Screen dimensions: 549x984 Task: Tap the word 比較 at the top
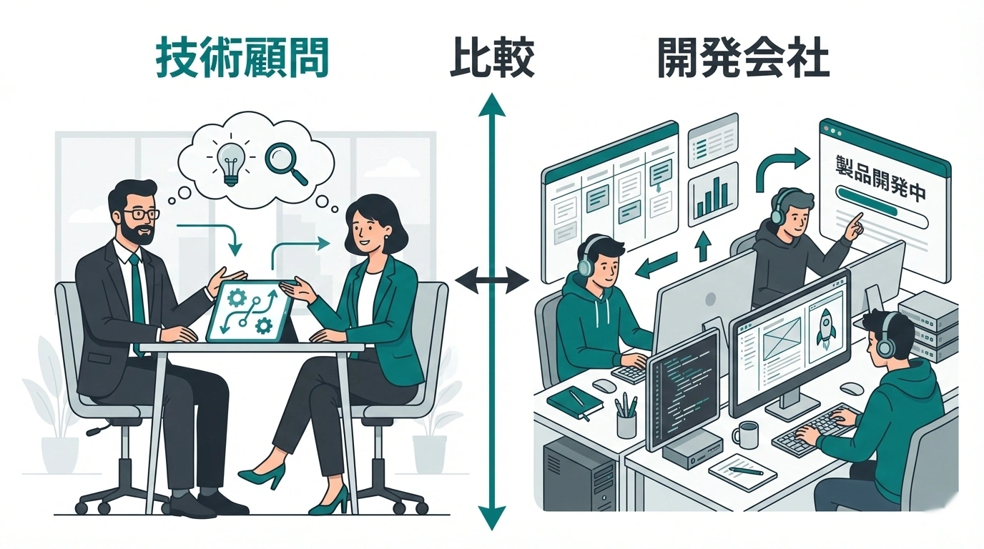[492, 59]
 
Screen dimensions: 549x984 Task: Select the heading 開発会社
[743, 59]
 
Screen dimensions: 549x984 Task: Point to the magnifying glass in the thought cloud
[285, 164]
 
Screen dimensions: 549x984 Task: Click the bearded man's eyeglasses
[140, 214]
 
